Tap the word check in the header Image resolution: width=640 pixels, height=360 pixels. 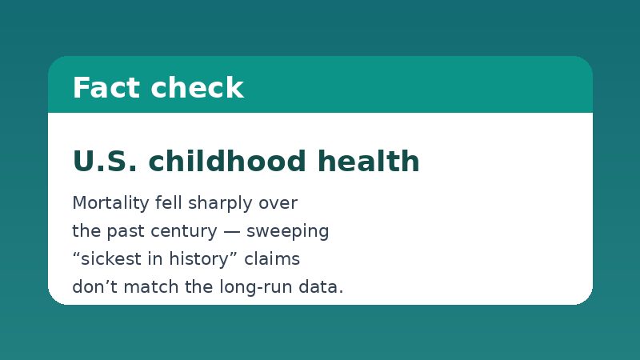[x=198, y=87]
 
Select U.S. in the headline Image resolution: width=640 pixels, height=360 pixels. [x=105, y=161]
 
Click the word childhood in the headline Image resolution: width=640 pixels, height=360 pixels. [x=227, y=161]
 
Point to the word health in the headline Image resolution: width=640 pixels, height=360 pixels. [x=369, y=161]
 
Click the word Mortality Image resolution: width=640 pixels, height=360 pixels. [x=110, y=203]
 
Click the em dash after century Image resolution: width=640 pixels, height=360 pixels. [x=232, y=232]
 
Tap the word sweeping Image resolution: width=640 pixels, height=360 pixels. [x=288, y=231]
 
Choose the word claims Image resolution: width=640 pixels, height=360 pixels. [x=272, y=258]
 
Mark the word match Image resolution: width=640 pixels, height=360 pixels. [x=150, y=286]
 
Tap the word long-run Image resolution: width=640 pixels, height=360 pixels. [x=256, y=287]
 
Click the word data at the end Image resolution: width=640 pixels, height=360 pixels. [x=318, y=286]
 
